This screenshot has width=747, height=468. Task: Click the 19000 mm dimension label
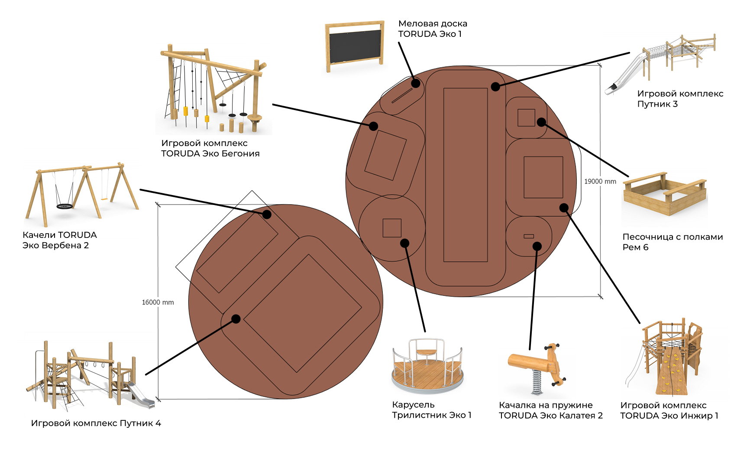pos(600,182)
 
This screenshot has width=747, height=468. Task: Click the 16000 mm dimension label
pos(158,302)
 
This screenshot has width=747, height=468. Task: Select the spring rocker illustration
pos(537,368)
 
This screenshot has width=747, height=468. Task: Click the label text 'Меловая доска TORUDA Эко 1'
pos(432,29)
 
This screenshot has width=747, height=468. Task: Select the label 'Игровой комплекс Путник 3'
pos(680,99)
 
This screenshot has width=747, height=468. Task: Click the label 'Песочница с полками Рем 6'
pos(672,242)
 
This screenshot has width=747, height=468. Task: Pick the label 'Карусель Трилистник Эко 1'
pos(431,410)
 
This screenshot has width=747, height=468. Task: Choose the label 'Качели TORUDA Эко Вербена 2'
pos(59,240)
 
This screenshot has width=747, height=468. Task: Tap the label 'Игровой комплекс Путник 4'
pos(96,423)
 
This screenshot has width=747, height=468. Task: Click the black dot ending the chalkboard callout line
pos(416,83)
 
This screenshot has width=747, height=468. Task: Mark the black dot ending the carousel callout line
pos(405,243)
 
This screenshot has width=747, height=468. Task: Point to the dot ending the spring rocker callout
pos(537,247)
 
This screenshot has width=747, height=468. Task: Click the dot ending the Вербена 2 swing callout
pos(267,214)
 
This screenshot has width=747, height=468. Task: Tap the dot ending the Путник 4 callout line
pos(236,319)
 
